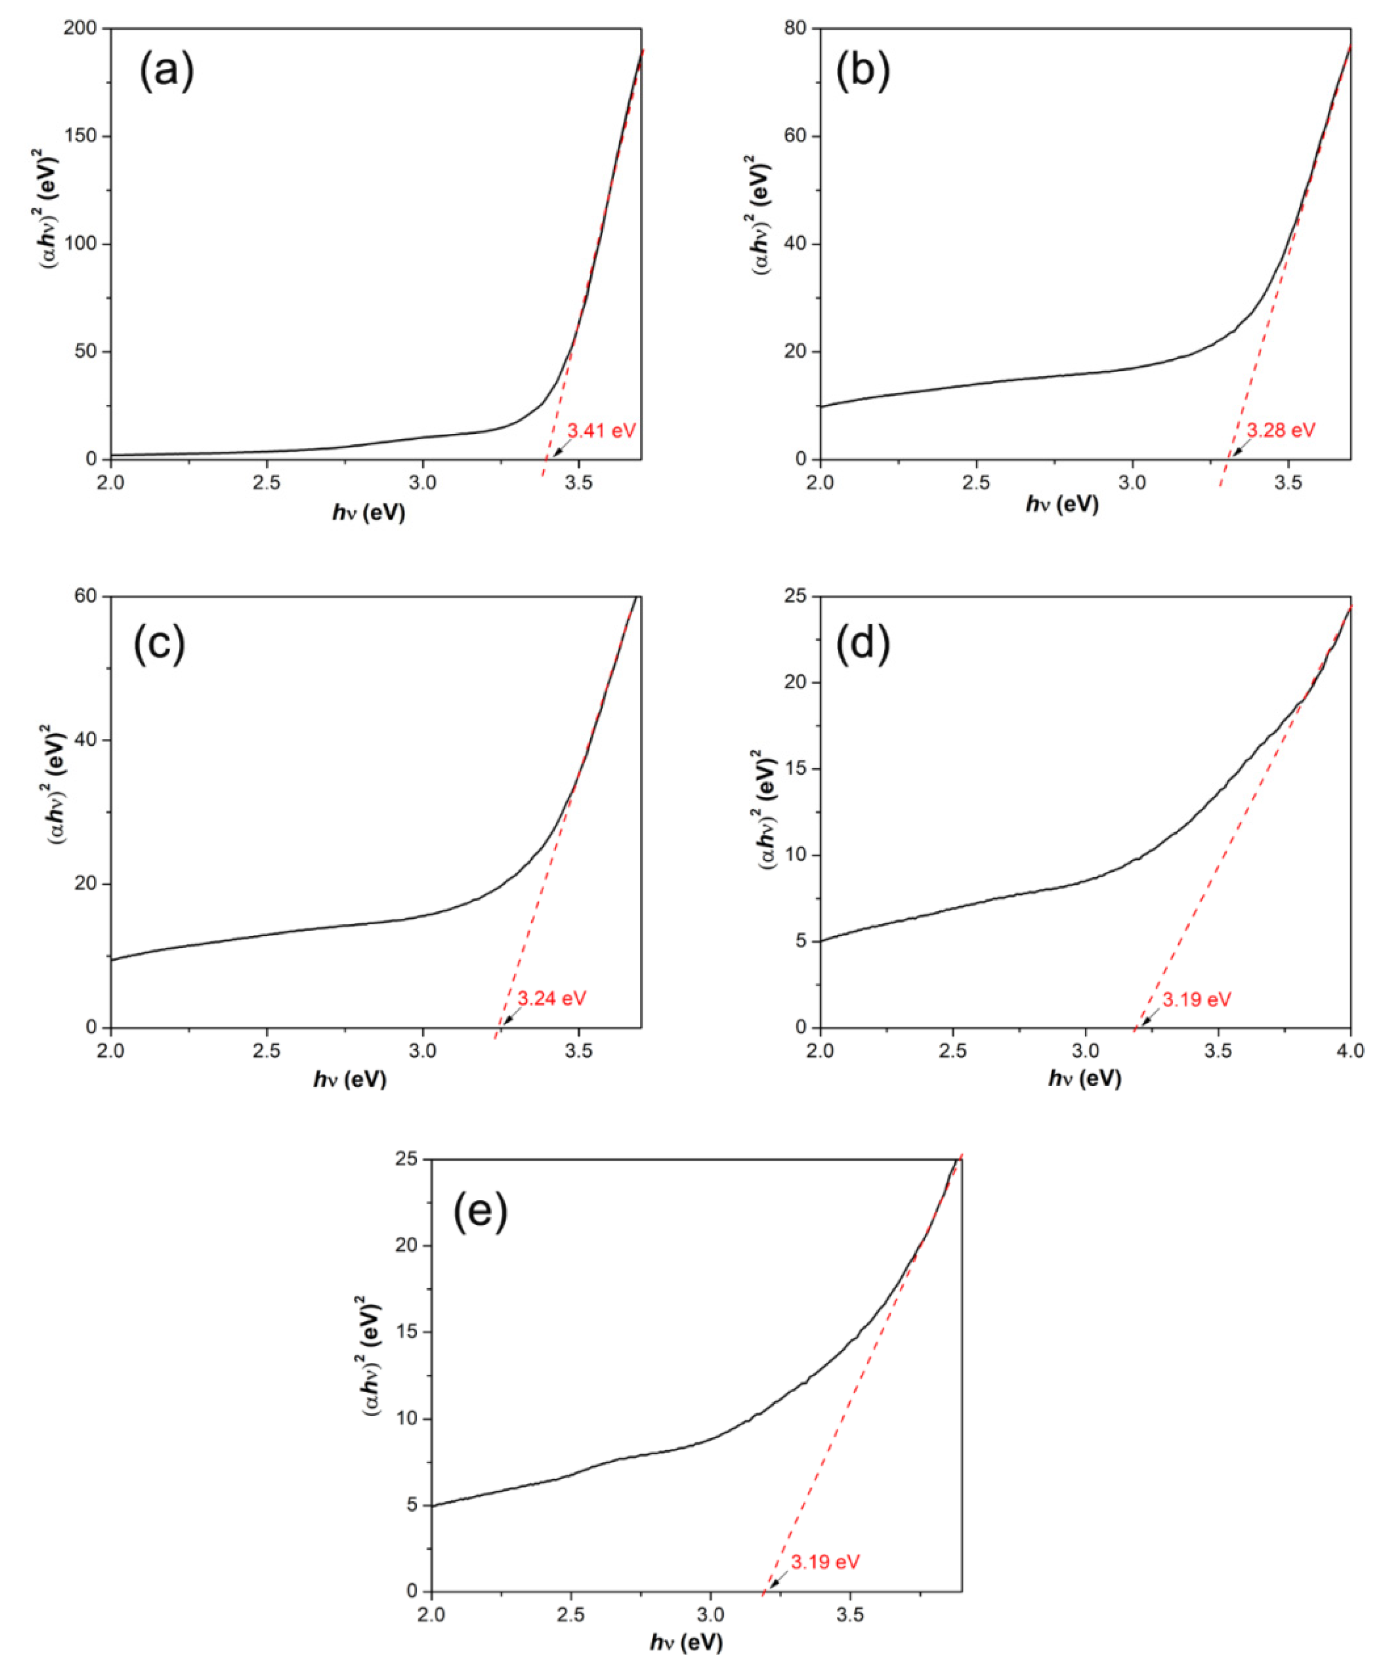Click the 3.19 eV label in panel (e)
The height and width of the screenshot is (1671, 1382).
coord(825,1561)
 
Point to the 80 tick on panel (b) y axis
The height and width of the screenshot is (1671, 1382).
coord(796,29)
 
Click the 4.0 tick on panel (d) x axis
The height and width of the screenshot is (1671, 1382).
coord(1350,1050)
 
